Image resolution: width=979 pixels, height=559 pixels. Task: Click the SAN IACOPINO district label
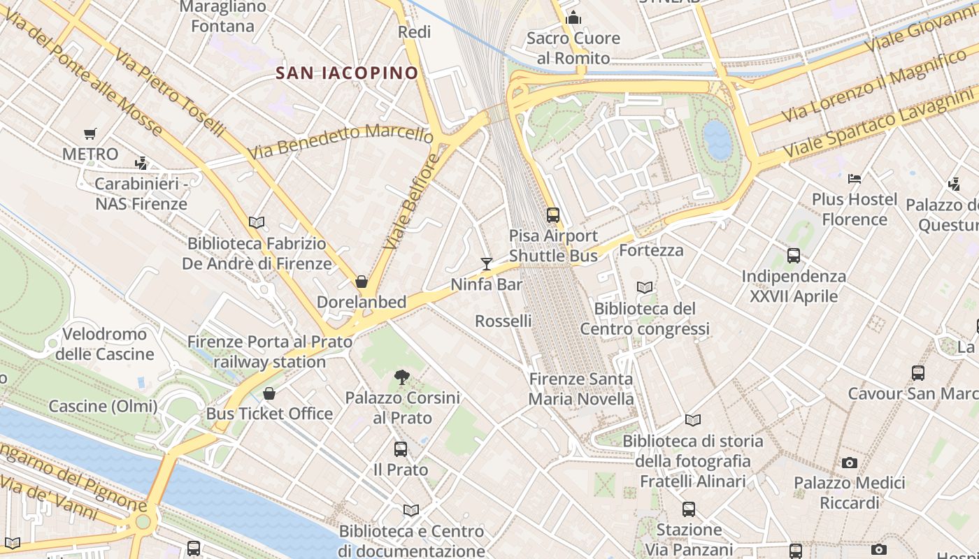tap(347, 73)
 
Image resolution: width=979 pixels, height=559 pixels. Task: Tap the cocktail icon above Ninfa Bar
tap(487, 263)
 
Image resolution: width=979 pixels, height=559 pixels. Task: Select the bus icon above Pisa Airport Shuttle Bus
tap(553, 215)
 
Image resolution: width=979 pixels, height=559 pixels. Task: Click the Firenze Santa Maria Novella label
tap(581, 389)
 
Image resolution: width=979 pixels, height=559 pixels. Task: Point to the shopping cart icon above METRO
tap(90, 133)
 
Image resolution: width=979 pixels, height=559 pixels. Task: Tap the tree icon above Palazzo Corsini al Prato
tap(402, 377)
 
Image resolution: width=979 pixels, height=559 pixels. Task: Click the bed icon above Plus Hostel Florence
tap(854, 179)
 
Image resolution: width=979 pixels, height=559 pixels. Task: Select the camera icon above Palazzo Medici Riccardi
tap(850, 463)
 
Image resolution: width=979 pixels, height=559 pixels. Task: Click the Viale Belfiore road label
tap(413, 201)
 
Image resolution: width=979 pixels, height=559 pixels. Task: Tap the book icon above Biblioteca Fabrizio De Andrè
tap(257, 223)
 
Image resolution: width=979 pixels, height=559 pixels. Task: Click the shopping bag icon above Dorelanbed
tap(362, 282)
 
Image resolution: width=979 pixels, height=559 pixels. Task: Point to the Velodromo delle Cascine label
tap(105, 344)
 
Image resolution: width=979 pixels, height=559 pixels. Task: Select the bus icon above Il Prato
tap(401, 449)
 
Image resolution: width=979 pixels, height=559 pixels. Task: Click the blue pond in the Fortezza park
tap(718, 140)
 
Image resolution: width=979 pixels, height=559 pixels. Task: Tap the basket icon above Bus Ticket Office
tap(269, 393)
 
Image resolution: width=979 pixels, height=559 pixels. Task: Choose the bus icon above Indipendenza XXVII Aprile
tap(794, 256)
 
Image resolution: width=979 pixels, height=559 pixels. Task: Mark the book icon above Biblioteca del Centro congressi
tap(645, 287)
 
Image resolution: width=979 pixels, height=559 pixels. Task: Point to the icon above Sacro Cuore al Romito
tap(573, 17)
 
